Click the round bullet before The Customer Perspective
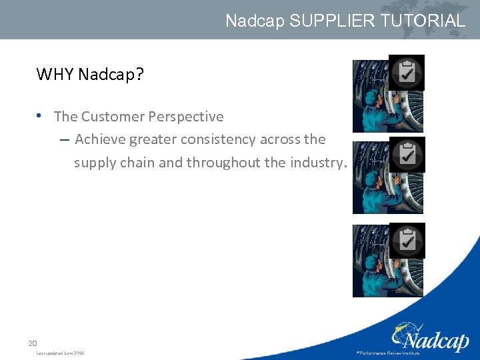[x=41, y=116]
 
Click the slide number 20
[x=33, y=343]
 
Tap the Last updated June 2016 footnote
[x=60, y=353]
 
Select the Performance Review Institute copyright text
[x=388, y=353]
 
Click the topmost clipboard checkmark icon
[x=406, y=72]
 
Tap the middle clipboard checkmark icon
[x=406, y=155]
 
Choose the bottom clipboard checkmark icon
[x=406, y=240]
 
